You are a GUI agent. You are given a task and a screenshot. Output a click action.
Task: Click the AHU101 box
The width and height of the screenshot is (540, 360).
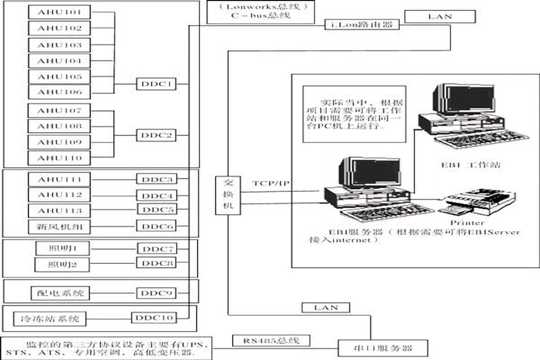click(60, 11)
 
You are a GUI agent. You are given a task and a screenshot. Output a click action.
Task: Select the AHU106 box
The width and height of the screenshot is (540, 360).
click(60, 92)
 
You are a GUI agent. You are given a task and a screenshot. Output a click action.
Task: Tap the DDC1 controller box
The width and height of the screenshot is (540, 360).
click(155, 85)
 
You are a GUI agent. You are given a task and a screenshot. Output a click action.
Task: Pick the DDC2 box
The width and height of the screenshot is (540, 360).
click(155, 135)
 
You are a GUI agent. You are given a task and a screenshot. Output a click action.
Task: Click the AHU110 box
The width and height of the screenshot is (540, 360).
click(60, 158)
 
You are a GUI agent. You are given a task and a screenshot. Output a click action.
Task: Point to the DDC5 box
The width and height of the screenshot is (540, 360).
click(156, 209)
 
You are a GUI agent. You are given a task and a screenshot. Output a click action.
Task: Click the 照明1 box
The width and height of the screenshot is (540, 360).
click(60, 248)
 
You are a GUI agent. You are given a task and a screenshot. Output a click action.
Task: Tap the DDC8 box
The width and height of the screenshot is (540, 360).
click(156, 263)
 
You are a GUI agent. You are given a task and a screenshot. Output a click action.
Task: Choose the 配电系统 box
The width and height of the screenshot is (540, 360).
click(60, 293)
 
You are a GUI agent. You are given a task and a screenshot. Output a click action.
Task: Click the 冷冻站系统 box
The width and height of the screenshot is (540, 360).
click(49, 318)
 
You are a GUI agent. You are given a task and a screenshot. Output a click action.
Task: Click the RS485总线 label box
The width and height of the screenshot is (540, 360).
click(272, 341)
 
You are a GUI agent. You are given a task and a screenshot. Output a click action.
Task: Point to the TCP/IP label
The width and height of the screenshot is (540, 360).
click(270, 184)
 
